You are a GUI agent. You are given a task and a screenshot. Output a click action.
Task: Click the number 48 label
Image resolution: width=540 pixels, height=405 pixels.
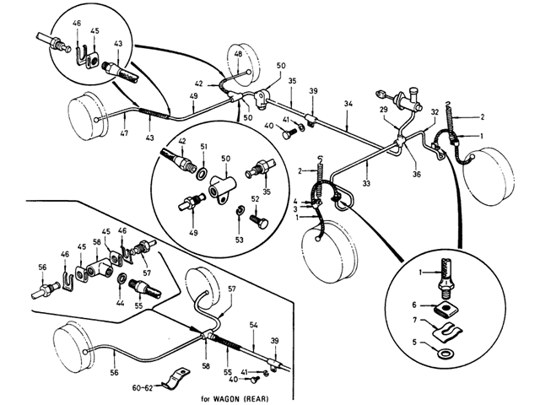(x=238, y=54)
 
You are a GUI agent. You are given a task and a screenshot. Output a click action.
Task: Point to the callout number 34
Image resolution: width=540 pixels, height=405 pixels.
(x=348, y=103)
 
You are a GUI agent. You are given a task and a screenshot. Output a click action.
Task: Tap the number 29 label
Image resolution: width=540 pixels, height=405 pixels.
(x=384, y=110)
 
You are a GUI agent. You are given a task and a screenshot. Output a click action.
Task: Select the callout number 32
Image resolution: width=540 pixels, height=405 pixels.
(x=435, y=112)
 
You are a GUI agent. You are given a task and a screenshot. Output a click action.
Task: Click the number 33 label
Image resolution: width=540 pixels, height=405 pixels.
(x=366, y=184)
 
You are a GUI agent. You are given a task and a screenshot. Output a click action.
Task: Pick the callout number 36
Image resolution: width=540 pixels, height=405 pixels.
(x=417, y=175)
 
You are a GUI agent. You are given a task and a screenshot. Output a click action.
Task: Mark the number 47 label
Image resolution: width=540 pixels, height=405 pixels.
(x=124, y=132)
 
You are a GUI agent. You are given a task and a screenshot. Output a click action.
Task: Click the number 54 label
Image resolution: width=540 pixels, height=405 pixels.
(x=254, y=325)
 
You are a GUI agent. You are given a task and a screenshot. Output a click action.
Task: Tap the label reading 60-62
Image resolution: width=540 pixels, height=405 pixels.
(x=143, y=388)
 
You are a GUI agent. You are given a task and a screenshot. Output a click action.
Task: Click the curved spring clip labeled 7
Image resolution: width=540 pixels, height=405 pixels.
(x=446, y=332)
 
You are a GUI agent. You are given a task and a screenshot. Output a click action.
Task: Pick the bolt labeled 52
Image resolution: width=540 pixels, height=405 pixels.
(x=259, y=221)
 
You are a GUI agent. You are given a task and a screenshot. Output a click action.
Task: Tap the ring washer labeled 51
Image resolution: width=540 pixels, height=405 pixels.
(x=201, y=174)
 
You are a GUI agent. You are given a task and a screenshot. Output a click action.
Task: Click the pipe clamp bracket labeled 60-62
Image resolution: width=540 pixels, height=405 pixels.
(x=175, y=379)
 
